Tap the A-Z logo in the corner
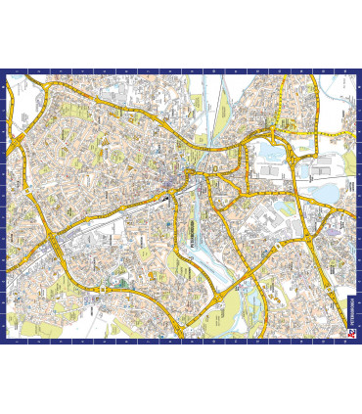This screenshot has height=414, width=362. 349,334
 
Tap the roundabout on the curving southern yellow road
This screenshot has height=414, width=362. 227,293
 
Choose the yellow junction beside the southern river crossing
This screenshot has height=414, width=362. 256,283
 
